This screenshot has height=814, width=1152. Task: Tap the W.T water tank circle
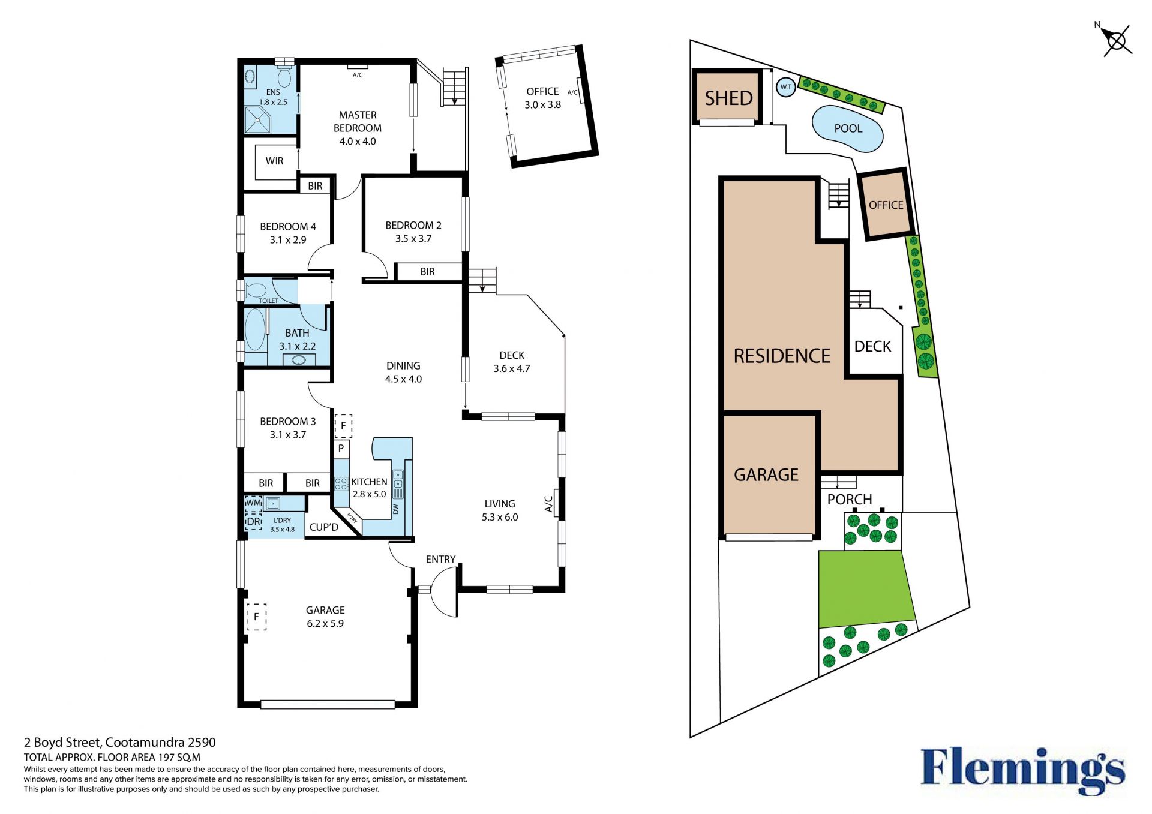[x=785, y=87]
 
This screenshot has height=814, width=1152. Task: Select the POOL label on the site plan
[x=848, y=128]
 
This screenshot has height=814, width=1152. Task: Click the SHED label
[x=728, y=98]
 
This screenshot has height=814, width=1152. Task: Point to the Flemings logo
[x=1023, y=770]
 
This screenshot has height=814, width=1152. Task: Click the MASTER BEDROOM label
[x=358, y=121]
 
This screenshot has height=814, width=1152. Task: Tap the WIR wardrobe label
[x=274, y=161]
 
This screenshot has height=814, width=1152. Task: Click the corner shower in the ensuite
[x=258, y=120]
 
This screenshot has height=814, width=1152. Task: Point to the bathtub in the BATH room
[x=256, y=329]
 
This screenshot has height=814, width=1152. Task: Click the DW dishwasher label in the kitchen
[x=395, y=509]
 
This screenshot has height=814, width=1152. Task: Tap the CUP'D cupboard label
[x=324, y=527]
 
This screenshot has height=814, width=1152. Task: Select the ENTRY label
[x=440, y=559]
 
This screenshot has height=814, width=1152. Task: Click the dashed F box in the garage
[x=256, y=617]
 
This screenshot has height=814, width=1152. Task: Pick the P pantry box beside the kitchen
[x=341, y=449]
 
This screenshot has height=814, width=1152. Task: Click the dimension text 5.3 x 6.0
[x=500, y=517]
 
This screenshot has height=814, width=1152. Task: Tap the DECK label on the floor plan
[x=512, y=355]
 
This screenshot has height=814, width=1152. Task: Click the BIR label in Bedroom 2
[x=427, y=272]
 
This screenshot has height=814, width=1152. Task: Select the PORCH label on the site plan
[x=850, y=500]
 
